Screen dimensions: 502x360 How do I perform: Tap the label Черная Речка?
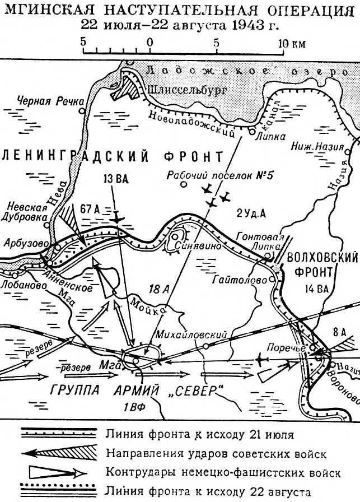tap(49, 101)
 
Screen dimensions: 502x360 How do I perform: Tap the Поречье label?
tap(286, 346)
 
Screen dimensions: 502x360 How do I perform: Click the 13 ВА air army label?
tap(116, 179)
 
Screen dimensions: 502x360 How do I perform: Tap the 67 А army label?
tap(89, 209)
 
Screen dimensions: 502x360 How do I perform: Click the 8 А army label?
tap(338, 332)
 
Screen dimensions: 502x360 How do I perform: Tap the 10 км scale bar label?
tap(292, 43)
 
